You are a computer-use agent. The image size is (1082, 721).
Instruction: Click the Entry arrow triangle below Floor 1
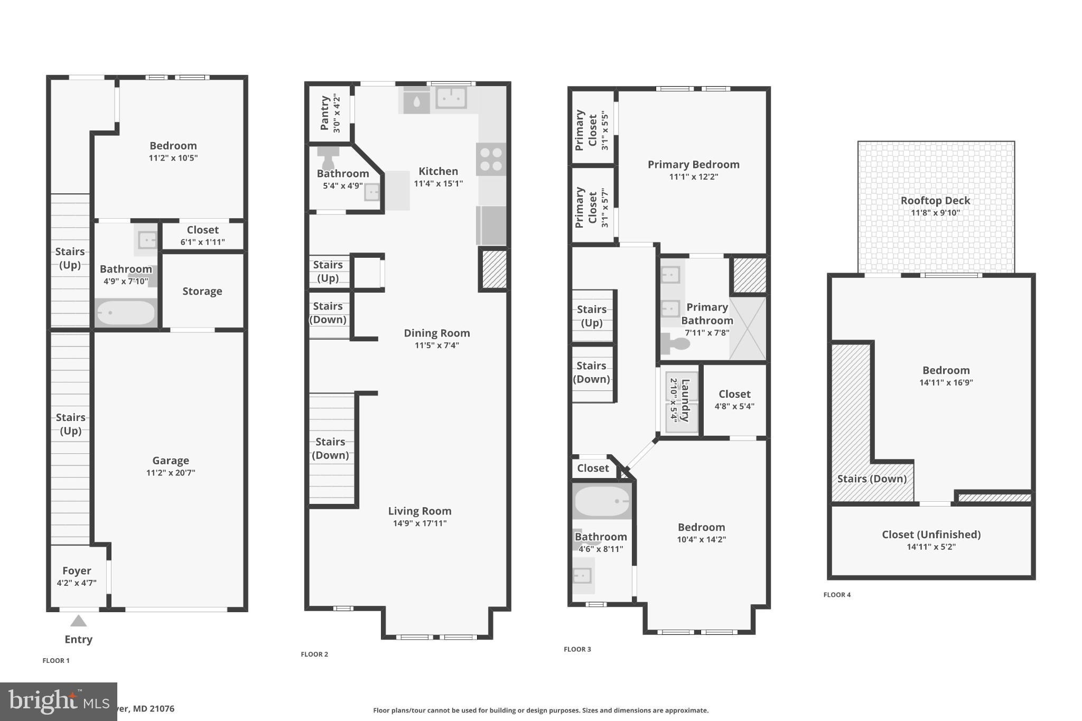pyautogui.click(x=78, y=621)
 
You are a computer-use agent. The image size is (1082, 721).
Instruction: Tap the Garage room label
pyautogui.click(x=171, y=461)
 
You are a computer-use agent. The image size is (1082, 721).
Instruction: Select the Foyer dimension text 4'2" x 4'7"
pyautogui.click(x=77, y=583)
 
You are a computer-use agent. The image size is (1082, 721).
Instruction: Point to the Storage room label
pyautogui.click(x=202, y=291)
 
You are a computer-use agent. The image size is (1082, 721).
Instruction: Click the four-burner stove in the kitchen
pyautogui.click(x=491, y=160)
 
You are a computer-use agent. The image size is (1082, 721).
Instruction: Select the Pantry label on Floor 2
pyautogui.click(x=325, y=113)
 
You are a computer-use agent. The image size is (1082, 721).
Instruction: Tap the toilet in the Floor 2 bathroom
pyautogui.click(x=328, y=157)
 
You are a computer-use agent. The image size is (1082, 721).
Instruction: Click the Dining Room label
pyautogui.click(x=436, y=333)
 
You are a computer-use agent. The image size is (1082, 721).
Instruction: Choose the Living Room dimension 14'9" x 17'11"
pyautogui.click(x=419, y=523)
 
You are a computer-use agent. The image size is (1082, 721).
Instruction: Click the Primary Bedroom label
pyautogui.click(x=693, y=165)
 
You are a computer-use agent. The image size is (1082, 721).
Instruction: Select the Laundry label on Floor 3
pyautogui.click(x=685, y=400)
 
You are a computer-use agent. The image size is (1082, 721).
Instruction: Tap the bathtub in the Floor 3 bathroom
pyautogui.click(x=602, y=501)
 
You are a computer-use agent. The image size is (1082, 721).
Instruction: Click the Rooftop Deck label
pyautogui.click(x=935, y=201)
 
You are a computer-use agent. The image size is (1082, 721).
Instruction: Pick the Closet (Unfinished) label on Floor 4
pyautogui.click(x=931, y=535)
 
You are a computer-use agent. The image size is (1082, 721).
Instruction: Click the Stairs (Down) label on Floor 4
pyautogui.click(x=872, y=479)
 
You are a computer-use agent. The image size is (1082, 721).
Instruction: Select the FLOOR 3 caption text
pyautogui.click(x=577, y=649)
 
